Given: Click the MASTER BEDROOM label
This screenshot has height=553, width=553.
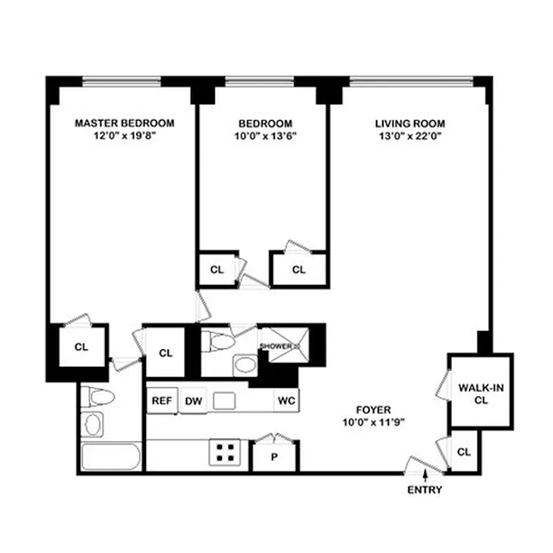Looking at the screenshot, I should coord(124,123).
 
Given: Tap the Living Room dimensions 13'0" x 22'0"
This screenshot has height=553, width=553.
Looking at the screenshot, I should coord(410,135).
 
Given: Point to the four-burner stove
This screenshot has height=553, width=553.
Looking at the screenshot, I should coord(225,453).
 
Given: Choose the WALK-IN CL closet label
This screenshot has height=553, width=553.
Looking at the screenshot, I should coord(481,394).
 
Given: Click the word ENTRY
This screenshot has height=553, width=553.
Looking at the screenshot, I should coord(424,490).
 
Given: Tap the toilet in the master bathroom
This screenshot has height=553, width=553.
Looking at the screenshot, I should coord(94,398).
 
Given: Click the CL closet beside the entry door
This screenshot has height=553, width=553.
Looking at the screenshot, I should coord(464,452).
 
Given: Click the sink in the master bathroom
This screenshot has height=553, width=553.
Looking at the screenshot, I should coord(93,423).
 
